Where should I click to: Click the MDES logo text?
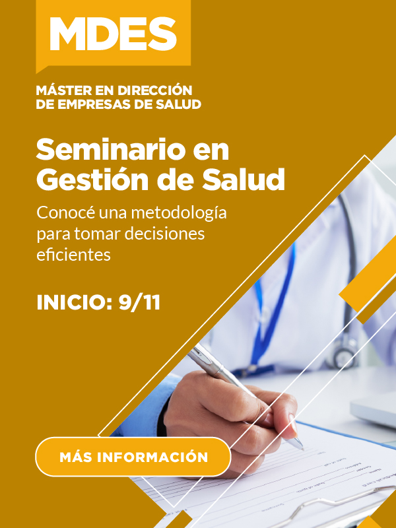click(113, 34)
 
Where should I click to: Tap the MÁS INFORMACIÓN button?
click(133, 457)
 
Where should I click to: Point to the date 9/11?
click(139, 303)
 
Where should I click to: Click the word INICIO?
click(75, 303)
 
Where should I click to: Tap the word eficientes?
click(73, 255)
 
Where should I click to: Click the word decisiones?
click(164, 234)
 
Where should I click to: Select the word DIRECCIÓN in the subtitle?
click(154, 90)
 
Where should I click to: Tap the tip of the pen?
click(302, 448)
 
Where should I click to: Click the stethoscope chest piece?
click(343, 353)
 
